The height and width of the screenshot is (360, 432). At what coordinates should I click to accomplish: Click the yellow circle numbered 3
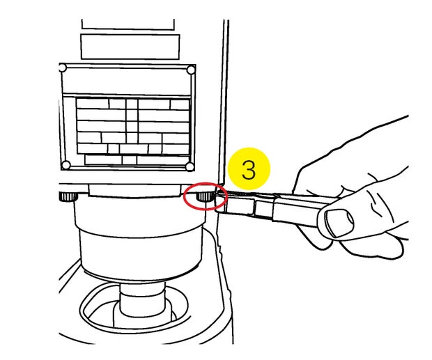tap(249, 169)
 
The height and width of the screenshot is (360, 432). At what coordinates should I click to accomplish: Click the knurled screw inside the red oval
tap(205, 196)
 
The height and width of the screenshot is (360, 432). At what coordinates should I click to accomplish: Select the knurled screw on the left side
tap(68, 196)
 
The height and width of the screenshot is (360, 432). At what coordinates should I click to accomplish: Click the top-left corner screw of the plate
tap(63, 68)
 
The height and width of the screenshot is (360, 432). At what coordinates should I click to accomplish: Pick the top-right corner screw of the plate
tap(191, 70)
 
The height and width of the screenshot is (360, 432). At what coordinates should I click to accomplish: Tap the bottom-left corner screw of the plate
tap(66, 165)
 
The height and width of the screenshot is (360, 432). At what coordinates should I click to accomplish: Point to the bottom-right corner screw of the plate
tap(190, 166)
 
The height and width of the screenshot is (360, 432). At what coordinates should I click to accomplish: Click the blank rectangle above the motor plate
tap(130, 47)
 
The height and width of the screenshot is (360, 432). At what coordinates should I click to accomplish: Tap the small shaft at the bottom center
tap(142, 300)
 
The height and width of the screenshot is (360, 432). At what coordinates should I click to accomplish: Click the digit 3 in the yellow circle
tap(249, 169)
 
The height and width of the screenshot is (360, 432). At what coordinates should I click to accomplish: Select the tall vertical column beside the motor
tap(225, 110)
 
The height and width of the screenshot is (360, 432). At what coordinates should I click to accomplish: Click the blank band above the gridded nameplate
tap(126, 79)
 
